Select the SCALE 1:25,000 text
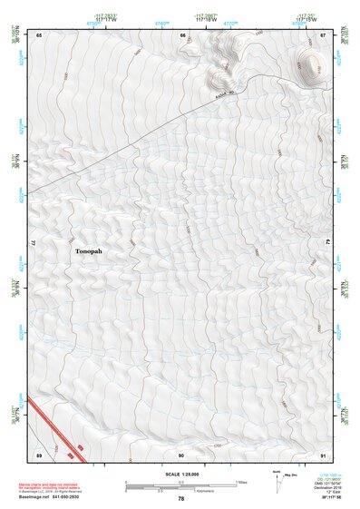tap(180, 474)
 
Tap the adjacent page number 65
tap(39, 34)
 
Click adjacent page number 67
tap(323, 34)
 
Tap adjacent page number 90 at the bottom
tap(181, 455)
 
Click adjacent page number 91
tap(323, 455)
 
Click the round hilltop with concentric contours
tap(310, 65)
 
